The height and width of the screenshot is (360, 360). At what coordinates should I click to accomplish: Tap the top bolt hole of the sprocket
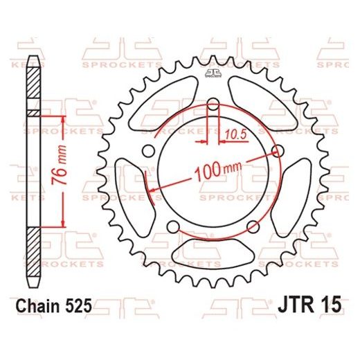coord(213,105)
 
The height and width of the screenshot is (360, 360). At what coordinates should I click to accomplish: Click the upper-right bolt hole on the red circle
coord(278,151)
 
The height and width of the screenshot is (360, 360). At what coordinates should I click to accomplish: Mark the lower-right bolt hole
coord(253,227)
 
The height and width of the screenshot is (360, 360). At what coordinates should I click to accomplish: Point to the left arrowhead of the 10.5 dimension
coord(205,141)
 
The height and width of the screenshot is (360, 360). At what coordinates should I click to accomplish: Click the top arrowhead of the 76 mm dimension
coord(63,114)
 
